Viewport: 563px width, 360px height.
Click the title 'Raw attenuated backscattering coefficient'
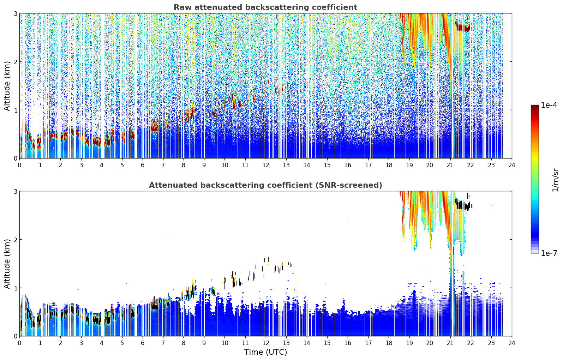pyautogui.click(x=265, y=7)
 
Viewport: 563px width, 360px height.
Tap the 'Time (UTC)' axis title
pyautogui.click(x=265, y=352)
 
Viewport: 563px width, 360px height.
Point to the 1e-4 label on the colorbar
pyautogui.click(x=549, y=105)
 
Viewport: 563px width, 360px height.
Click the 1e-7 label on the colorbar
pyautogui.click(x=549, y=253)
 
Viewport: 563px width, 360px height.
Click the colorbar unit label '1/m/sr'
pyautogui.click(x=555, y=180)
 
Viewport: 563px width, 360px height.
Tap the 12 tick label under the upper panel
pyautogui.click(x=266, y=166)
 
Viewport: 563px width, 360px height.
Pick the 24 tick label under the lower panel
pyautogui.click(x=512, y=343)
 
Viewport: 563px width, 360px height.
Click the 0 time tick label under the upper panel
pyautogui.click(x=20, y=166)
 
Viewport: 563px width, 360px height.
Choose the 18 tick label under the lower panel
pyautogui.click(x=389, y=343)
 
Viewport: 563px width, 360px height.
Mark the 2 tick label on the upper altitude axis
pyautogui.click(x=15, y=62)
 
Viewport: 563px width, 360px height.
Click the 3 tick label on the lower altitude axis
pyautogui.click(x=15, y=191)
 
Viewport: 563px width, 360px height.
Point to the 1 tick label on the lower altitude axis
pyautogui.click(x=15, y=288)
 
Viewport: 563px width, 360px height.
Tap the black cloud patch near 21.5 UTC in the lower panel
pyautogui.click(x=463, y=205)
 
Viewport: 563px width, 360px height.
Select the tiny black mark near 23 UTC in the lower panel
pyautogui.click(x=491, y=206)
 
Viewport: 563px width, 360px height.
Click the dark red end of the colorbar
pyautogui.click(x=535, y=108)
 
